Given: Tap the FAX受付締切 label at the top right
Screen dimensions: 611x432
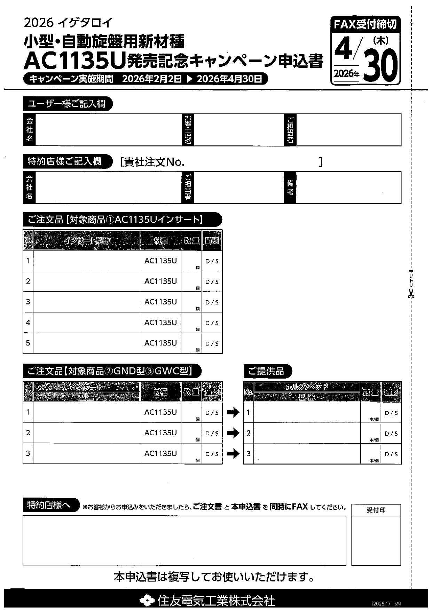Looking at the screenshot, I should [x=365, y=24].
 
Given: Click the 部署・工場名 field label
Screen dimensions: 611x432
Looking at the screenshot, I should [x=188, y=130].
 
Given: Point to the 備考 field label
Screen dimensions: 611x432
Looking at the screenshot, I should [x=290, y=188].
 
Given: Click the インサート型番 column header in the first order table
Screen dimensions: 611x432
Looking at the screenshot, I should [x=87, y=240].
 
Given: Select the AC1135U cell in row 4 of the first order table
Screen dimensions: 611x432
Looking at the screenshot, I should [x=160, y=323].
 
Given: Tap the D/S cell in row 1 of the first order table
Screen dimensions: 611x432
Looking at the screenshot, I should [x=212, y=261].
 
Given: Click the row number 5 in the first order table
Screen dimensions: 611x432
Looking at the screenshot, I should [x=28, y=343].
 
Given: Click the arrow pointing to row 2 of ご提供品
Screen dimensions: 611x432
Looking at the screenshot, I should [x=233, y=433].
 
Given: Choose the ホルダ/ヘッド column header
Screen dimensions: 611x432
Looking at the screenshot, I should [x=307, y=387].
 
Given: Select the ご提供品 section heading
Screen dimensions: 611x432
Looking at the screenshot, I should [x=266, y=371].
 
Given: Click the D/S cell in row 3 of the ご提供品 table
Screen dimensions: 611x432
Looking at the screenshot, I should [x=391, y=454].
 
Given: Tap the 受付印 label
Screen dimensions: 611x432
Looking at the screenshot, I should [x=376, y=510].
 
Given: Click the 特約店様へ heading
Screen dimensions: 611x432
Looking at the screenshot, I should [x=49, y=505].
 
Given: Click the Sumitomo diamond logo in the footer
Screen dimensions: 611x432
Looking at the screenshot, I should [x=147, y=600].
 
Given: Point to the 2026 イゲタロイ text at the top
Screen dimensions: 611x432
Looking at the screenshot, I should [x=68, y=23].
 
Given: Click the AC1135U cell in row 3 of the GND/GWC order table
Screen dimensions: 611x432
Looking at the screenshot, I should [x=160, y=453].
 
